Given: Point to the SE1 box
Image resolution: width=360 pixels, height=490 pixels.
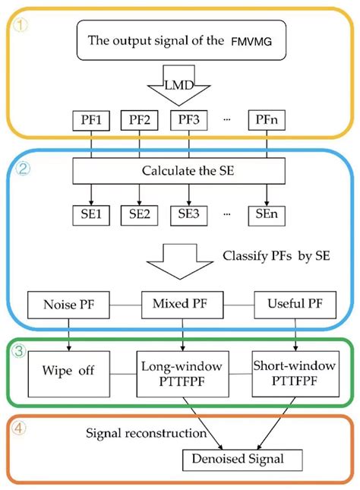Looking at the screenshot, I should pyautogui.click(x=91, y=214).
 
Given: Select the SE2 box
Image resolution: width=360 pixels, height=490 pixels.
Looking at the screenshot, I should pyautogui.click(x=140, y=214).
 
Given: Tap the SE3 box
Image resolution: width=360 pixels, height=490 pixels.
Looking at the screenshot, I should pyautogui.click(x=188, y=214).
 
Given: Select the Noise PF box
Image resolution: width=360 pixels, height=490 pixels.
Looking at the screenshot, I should pyautogui.click(x=69, y=305).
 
